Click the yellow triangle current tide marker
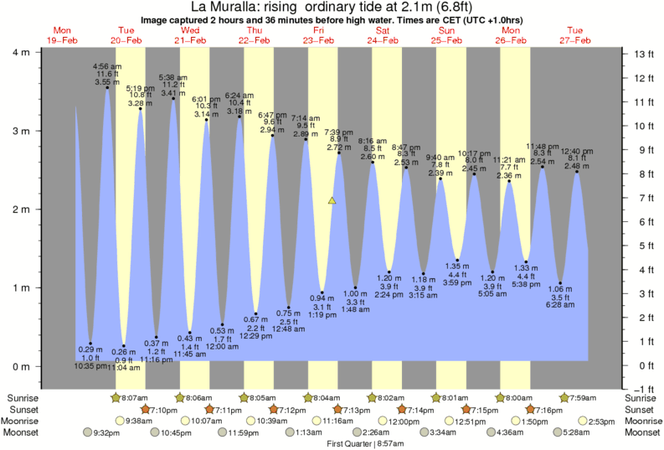point(332,201)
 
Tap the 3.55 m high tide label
point(106,81)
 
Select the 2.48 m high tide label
point(577,165)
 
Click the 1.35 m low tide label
point(457,266)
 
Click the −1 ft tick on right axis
point(641,390)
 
